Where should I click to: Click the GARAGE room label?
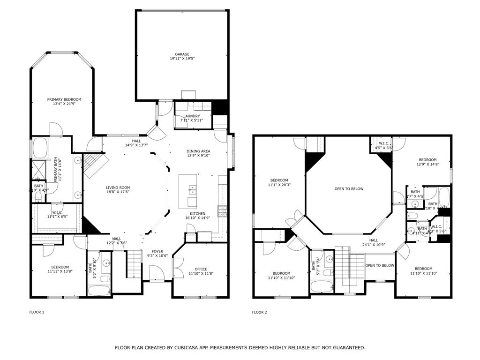pos(182,54)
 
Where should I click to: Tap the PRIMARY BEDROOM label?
pos(64,99)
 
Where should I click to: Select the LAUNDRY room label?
pos(191,116)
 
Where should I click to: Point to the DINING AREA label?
pos(198,151)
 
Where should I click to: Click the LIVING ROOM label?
pos(118,187)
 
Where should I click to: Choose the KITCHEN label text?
pos(197,214)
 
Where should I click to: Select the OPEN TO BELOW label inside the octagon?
pos(349,189)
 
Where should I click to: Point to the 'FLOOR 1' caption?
pos(37,312)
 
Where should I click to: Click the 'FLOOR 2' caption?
pos(259,312)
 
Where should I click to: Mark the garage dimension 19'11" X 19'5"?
pos(182,59)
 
